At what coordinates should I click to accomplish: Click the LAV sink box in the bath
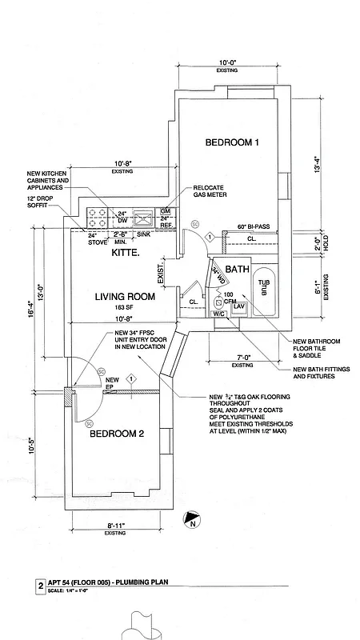click(x=238, y=306)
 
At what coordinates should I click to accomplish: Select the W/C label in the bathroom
click(x=218, y=314)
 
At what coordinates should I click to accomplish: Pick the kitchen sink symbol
click(x=144, y=216)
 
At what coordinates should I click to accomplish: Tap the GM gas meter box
click(x=166, y=211)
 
